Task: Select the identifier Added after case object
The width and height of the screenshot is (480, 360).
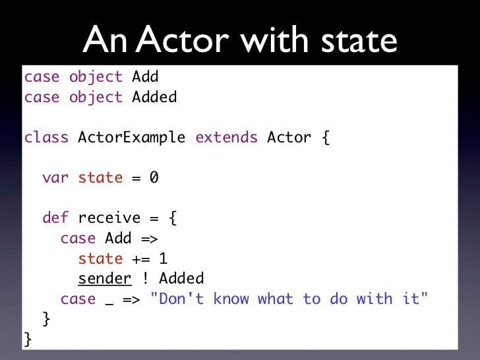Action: tap(154, 97)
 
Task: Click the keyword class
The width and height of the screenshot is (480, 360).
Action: tap(46, 137)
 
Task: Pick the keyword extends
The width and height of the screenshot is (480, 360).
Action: tap(226, 137)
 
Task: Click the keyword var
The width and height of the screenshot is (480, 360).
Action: tap(55, 177)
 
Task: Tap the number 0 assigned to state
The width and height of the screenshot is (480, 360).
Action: tap(154, 177)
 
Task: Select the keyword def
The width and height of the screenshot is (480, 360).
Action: tap(55, 218)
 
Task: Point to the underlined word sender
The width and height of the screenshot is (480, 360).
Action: tap(105, 278)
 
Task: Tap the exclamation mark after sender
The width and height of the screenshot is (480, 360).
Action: tap(145, 278)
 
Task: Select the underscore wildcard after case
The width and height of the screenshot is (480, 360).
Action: tap(109, 299)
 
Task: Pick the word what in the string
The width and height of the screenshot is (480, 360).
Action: tap(276, 299)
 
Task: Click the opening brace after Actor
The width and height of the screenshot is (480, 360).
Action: tap(324, 137)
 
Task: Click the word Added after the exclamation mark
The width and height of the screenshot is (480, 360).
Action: tap(181, 278)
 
